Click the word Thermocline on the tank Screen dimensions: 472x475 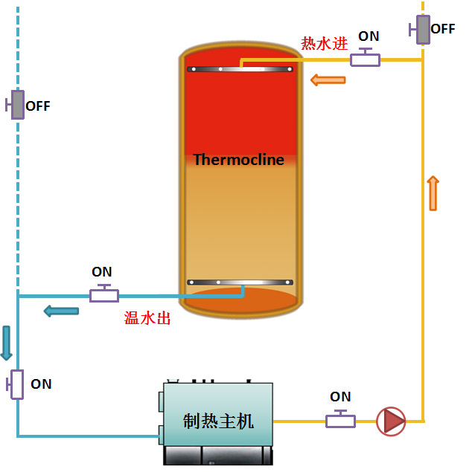(238, 160)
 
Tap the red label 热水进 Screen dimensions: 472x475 (324, 43)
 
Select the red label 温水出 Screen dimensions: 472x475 (147, 319)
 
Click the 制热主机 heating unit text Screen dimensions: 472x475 (218, 421)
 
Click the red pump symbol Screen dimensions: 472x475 (391, 421)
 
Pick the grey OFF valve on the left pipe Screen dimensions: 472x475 (16, 105)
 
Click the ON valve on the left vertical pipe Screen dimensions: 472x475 (16, 384)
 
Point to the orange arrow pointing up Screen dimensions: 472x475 (433, 193)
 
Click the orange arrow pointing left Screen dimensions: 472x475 (328, 80)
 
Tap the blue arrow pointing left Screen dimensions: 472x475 (61, 311)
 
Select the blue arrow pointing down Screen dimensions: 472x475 (7, 343)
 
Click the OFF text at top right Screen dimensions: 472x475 (443, 29)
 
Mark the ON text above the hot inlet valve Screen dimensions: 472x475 (369, 36)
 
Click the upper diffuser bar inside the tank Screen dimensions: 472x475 (240, 69)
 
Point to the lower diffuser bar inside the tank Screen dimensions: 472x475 (240, 282)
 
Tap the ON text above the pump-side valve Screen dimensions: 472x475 (340, 397)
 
